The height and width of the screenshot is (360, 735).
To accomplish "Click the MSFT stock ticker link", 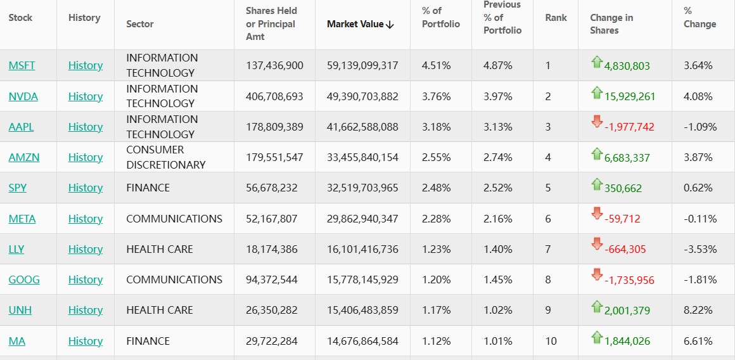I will (x=21, y=65).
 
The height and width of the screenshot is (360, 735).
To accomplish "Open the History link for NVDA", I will (x=86, y=96).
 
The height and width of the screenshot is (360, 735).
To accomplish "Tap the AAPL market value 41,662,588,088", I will (x=362, y=127).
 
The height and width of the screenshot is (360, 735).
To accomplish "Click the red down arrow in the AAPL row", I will (x=596, y=122).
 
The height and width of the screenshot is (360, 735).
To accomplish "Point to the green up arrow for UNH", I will (x=596, y=307).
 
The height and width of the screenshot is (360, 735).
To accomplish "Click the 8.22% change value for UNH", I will (x=698, y=310).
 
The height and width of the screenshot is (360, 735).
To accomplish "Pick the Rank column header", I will (x=556, y=18).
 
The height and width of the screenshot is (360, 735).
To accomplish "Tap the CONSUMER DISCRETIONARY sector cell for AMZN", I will (x=166, y=157).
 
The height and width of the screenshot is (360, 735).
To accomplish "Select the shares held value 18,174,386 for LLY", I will (x=272, y=249).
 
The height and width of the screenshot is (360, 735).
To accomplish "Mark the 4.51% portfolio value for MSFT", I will (x=436, y=65).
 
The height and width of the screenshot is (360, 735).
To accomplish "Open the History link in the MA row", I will (x=86, y=341).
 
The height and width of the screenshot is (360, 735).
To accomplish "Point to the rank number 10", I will (x=551, y=341).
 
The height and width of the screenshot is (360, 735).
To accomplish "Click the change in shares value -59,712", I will (x=622, y=219).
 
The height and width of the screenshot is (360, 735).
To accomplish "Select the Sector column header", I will (x=140, y=24).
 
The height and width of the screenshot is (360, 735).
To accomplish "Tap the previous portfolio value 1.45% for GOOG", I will (x=498, y=280).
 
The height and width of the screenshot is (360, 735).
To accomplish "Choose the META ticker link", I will (x=22, y=219).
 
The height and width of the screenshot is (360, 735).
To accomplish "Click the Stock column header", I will (x=20, y=18).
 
